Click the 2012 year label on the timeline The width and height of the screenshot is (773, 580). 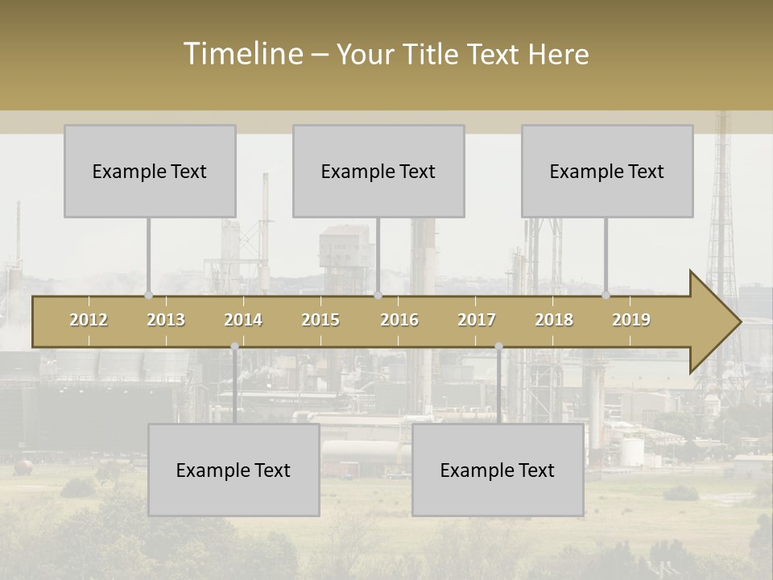click(89, 321)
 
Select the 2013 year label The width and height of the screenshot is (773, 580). click(166, 321)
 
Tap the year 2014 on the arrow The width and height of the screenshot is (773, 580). click(243, 321)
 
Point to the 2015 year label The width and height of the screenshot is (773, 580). click(320, 321)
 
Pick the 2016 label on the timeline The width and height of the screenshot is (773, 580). click(399, 321)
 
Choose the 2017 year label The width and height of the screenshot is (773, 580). click(477, 321)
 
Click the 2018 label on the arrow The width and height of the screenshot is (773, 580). click(554, 321)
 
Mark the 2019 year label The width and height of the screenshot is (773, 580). click(631, 321)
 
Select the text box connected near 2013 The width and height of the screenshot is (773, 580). click(150, 172)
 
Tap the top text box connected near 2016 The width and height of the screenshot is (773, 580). click(378, 172)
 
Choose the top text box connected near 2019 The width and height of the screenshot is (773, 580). click(607, 172)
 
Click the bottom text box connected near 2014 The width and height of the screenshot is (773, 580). click(234, 470)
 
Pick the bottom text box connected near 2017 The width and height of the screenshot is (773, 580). click(498, 470)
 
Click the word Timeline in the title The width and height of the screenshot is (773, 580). click(242, 54)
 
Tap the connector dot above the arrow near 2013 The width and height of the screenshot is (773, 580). click(149, 295)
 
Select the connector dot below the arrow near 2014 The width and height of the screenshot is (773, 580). click(234, 346)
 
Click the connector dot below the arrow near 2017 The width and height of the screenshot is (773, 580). click(498, 346)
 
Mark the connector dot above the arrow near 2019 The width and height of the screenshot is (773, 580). click(606, 295)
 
